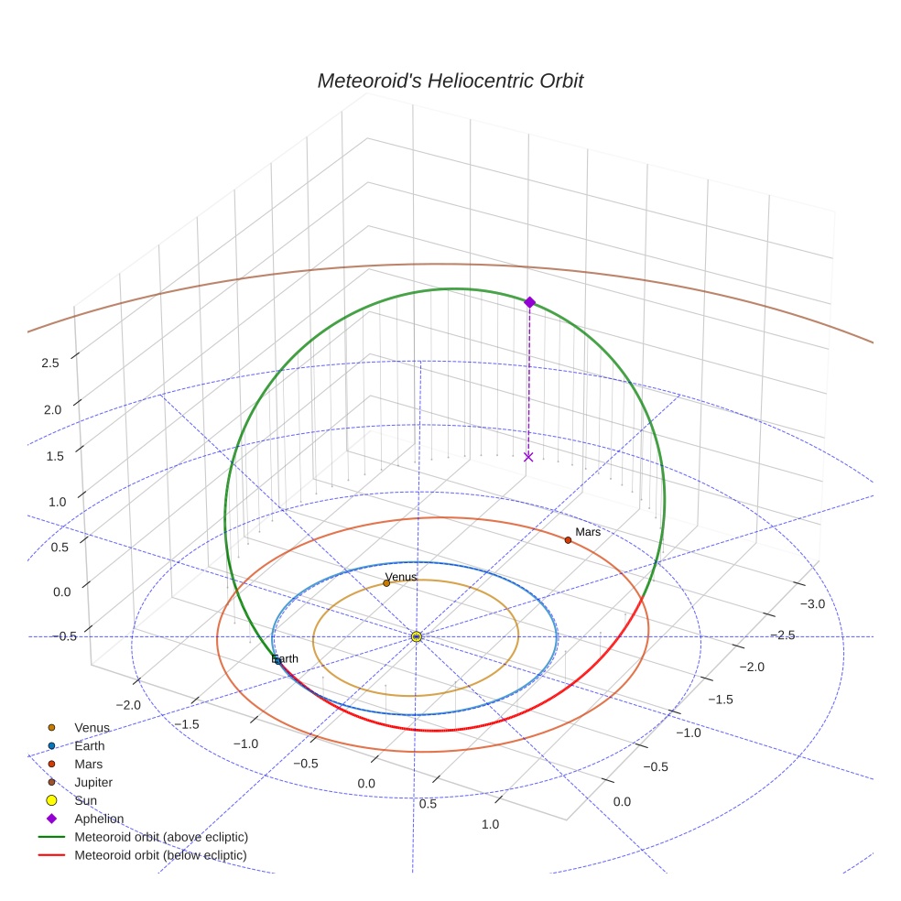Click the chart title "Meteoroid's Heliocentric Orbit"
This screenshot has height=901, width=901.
(x=450, y=81)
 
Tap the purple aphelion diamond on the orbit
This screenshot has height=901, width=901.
(x=529, y=302)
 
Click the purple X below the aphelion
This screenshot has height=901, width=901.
(x=528, y=456)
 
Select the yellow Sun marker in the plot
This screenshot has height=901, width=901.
(x=417, y=636)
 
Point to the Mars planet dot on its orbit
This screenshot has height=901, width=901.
(x=568, y=540)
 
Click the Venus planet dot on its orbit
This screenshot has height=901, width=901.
(x=386, y=583)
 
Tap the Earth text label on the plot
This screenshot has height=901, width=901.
(x=286, y=658)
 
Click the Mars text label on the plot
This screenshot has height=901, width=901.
(x=588, y=531)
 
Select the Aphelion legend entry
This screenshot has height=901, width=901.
(x=99, y=820)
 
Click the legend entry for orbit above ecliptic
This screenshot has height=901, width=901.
(x=161, y=837)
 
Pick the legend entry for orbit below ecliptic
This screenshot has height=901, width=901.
(x=160, y=855)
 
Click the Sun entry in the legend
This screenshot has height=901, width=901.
(x=86, y=801)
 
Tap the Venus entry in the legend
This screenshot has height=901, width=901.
(x=92, y=728)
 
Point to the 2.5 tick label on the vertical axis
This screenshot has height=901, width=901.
(x=50, y=363)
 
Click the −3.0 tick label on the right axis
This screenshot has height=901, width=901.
(x=813, y=603)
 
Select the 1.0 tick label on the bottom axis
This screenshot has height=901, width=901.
(x=490, y=824)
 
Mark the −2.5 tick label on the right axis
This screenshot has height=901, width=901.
(x=782, y=635)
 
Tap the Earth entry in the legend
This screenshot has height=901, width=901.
(x=90, y=746)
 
